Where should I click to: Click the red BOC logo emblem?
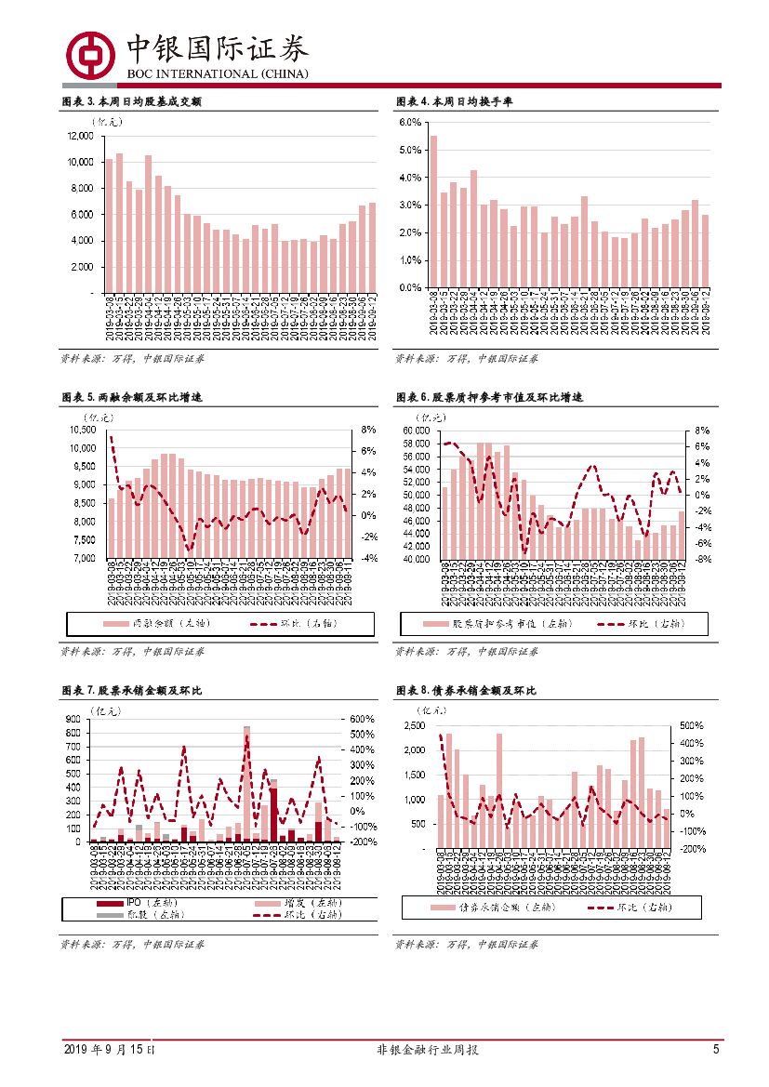[x=89, y=54]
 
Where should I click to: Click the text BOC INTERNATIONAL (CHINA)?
[x=219, y=74]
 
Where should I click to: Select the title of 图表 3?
[x=131, y=101]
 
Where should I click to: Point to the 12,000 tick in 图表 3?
[x=80, y=136]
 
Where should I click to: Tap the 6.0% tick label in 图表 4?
[x=410, y=123]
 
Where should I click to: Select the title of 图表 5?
[x=131, y=397]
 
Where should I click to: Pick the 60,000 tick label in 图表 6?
[x=414, y=431]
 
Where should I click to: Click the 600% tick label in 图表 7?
[x=363, y=719]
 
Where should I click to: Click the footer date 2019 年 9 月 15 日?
[x=110, y=1051]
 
